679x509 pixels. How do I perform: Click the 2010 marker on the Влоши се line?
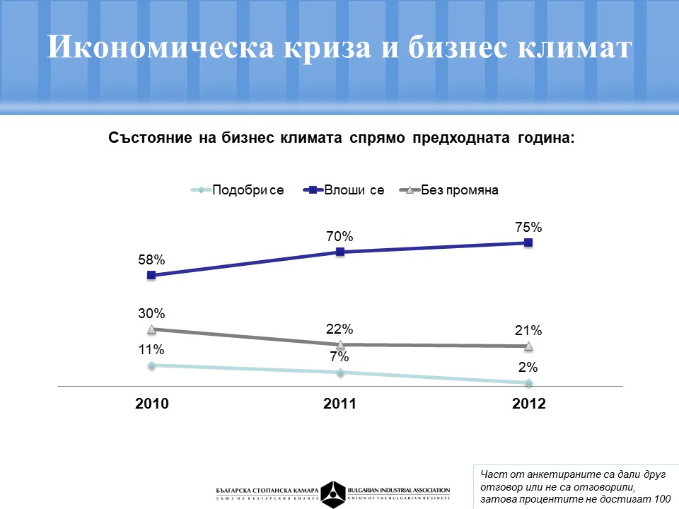tap(151, 275)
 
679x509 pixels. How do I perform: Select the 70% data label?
tap(339, 236)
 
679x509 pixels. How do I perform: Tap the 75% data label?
tap(528, 227)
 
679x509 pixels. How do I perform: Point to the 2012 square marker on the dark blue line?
tap(528, 242)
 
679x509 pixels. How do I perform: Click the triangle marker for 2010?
tap(151, 329)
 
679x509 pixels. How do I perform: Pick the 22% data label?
tap(339, 329)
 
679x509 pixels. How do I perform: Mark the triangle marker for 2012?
tap(528, 346)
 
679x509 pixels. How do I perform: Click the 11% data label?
tap(151, 349)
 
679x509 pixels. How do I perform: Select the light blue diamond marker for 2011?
tap(340, 373)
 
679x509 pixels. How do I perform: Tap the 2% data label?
tap(528, 367)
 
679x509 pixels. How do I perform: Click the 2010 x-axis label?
tap(151, 404)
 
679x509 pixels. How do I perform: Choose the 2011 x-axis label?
tap(339, 404)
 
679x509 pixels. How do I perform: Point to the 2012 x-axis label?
tap(528, 404)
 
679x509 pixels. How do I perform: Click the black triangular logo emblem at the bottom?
tap(332, 493)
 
